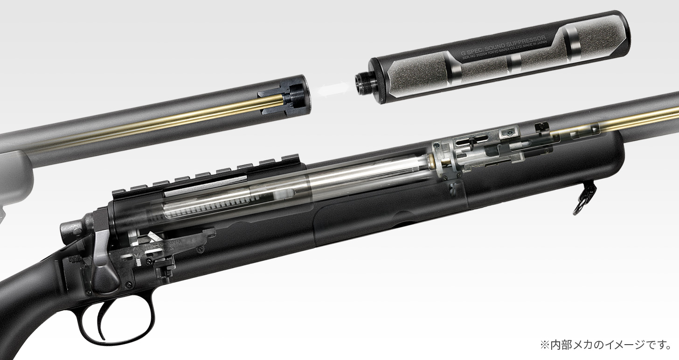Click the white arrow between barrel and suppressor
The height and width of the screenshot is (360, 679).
[333, 89]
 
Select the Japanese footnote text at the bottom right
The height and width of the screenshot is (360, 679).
[605, 345]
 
